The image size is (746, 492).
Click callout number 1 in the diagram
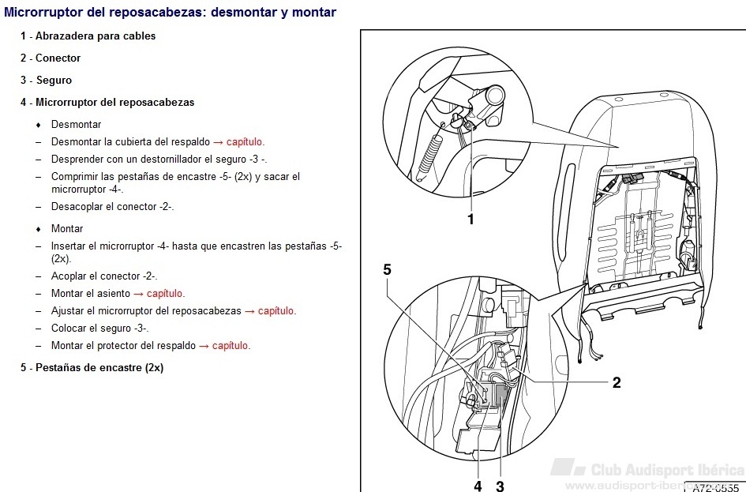point(470,220)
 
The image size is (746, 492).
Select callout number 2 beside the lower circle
point(617,382)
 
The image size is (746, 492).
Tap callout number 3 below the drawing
point(500,486)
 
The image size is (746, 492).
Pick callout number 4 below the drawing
point(478,486)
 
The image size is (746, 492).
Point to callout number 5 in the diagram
point(388,270)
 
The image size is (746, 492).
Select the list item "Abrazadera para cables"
point(96,36)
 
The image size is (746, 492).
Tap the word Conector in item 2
point(58,58)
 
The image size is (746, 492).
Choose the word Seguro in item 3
point(54,80)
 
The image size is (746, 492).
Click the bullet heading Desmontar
point(76,125)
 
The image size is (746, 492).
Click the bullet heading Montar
point(67,229)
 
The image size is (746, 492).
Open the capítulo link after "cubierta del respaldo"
point(245,142)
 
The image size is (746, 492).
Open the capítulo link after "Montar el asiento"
point(165,294)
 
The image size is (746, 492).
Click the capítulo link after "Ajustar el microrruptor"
point(276,311)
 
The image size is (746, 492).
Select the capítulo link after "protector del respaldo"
point(231,346)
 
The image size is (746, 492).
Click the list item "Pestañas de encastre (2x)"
point(99,368)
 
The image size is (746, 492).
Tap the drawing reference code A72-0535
point(715,488)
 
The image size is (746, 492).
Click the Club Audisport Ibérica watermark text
point(668,470)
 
